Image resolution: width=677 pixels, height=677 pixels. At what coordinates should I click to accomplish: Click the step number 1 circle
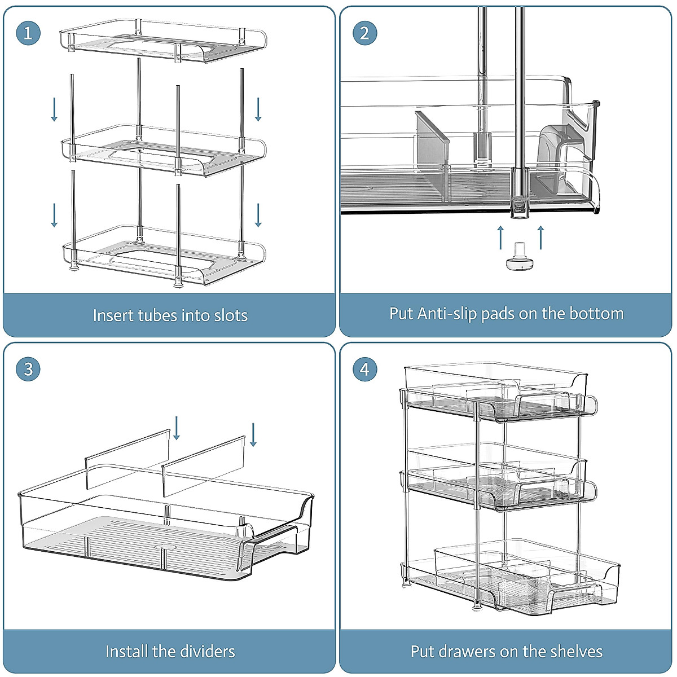click(x=28, y=33)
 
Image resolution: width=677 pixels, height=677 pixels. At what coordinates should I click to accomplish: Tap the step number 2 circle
click(x=364, y=33)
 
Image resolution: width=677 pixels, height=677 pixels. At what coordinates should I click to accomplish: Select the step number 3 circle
click(x=28, y=370)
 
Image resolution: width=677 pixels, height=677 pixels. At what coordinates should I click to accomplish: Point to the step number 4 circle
click(x=364, y=370)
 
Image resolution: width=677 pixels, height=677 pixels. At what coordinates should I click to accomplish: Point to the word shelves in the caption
click(x=574, y=652)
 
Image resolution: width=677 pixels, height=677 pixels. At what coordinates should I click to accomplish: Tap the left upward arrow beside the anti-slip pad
click(x=500, y=237)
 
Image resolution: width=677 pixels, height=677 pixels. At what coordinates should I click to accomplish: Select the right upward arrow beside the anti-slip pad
click(x=540, y=237)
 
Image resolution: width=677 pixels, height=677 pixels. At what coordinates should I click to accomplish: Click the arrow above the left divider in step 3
click(x=177, y=428)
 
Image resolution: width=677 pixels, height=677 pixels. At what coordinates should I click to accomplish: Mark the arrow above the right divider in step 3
click(x=253, y=434)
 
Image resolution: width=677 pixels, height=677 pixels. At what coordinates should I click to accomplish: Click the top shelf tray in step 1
click(x=164, y=42)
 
